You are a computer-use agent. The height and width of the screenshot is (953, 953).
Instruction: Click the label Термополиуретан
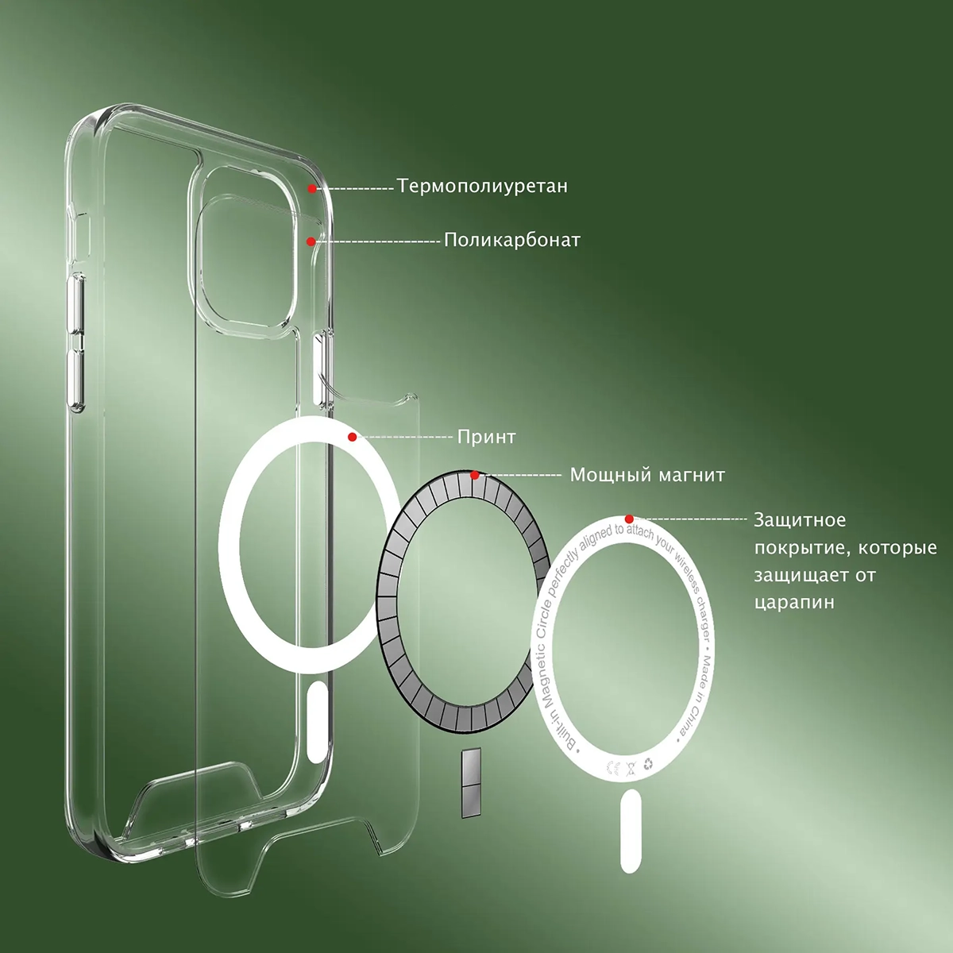click(482, 187)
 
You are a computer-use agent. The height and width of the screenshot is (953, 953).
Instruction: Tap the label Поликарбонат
click(512, 241)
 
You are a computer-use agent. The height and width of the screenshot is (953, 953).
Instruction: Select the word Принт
click(486, 437)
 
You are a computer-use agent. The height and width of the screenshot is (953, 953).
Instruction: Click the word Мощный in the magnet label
click(610, 475)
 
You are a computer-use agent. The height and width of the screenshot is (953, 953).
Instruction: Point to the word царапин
click(794, 603)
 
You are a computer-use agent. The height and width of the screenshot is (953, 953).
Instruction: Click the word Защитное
click(800, 519)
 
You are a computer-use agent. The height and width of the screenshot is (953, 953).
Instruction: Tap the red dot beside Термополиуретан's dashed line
click(312, 188)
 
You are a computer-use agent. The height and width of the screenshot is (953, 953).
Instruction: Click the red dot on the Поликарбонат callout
click(311, 241)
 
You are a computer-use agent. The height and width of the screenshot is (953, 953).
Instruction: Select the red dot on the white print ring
click(352, 437)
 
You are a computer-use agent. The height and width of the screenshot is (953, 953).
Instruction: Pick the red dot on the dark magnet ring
click(474, 475)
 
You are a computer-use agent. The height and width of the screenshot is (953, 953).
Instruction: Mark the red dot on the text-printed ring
click(629, 519)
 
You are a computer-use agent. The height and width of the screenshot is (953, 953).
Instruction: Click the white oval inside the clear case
click(318, 723)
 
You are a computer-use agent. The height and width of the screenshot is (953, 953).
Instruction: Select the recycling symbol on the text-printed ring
click(648, 765)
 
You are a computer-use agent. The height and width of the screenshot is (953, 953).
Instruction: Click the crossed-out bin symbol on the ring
click(631, 769)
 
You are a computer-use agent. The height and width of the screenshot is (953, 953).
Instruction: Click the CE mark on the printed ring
click(612, 767)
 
